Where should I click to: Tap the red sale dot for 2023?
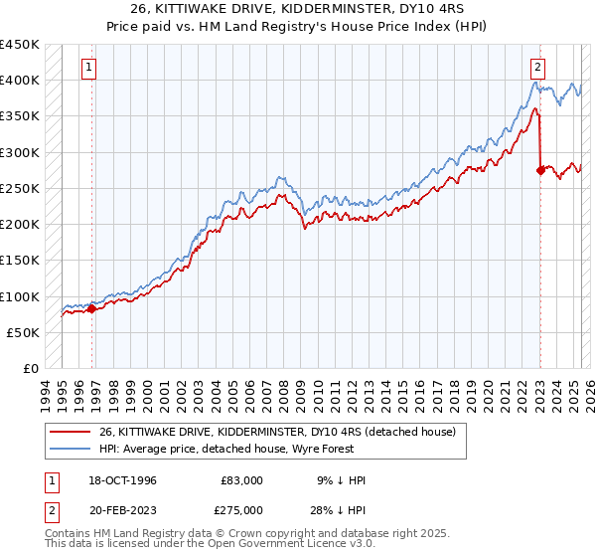coord(540,170)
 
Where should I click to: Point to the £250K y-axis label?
coord(20,188)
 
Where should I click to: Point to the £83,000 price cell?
coord(242,480)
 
